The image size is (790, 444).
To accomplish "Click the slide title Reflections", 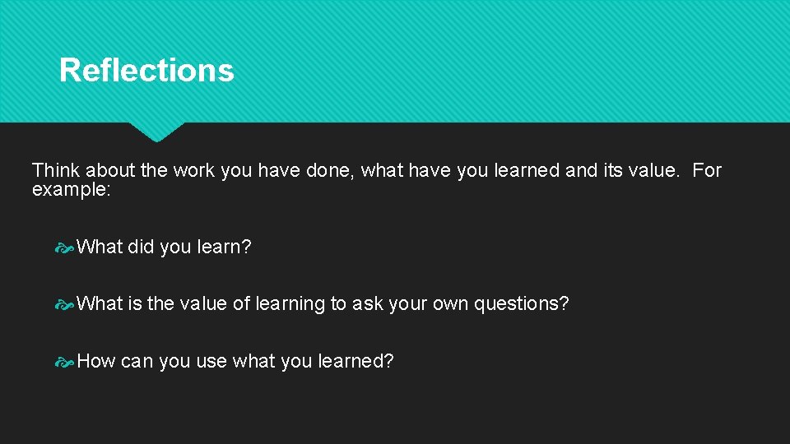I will [x=146, y=71].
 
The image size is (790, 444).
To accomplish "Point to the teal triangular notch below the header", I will [x=156, y=130].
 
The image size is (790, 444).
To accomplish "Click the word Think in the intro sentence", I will [x=56, y=171].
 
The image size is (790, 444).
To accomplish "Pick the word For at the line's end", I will [x=706, y=171].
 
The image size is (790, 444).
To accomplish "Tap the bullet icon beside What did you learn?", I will [x=65, y=247].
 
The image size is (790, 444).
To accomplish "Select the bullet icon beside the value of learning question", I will [x=65, y=304].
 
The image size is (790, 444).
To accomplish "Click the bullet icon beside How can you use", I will [x=65, y=362].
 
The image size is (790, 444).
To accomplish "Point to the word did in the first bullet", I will [x=141, y=247].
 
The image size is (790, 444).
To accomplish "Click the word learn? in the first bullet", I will [x=224, y=247].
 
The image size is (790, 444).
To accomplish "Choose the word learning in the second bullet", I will [x=290, y=304].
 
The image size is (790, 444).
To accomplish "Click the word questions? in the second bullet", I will [x=522, y=304].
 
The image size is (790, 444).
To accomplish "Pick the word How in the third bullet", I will [x=95, y=361].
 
